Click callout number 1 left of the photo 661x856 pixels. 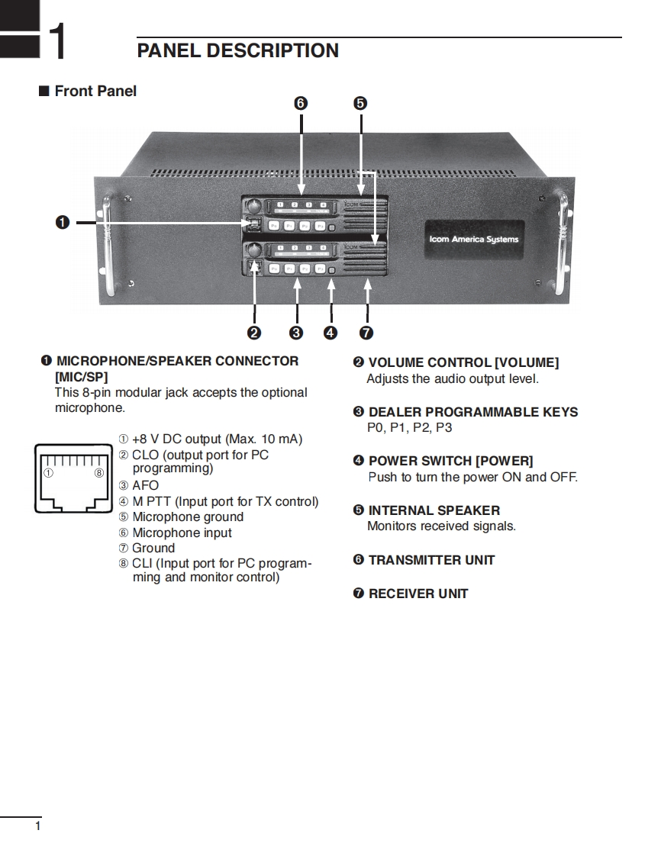click(x=63, y=222)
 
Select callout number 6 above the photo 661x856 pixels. click(x=301, y=103)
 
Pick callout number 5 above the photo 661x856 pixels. click(x=360, y=103)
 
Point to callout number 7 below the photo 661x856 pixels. click(x=366, y=333)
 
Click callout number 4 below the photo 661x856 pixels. click(x=330, y=333)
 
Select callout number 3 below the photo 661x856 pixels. click(x=296, y=333)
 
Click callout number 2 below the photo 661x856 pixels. click(x=254, y=333)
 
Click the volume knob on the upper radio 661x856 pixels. click(x=253, y=206)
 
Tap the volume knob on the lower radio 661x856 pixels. click(x=253, y=249)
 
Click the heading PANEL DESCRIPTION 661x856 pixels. click(x=237, y=51)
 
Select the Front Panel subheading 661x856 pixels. click(x=95, y=91)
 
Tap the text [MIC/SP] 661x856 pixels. click(x=81, y=377)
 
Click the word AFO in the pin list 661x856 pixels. click(x=145, y=485)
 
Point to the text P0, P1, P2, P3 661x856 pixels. click(x=409, y=428)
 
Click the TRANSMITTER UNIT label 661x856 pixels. click(x=431, y=560)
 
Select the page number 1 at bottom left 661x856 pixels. click(x=37, y=827)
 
